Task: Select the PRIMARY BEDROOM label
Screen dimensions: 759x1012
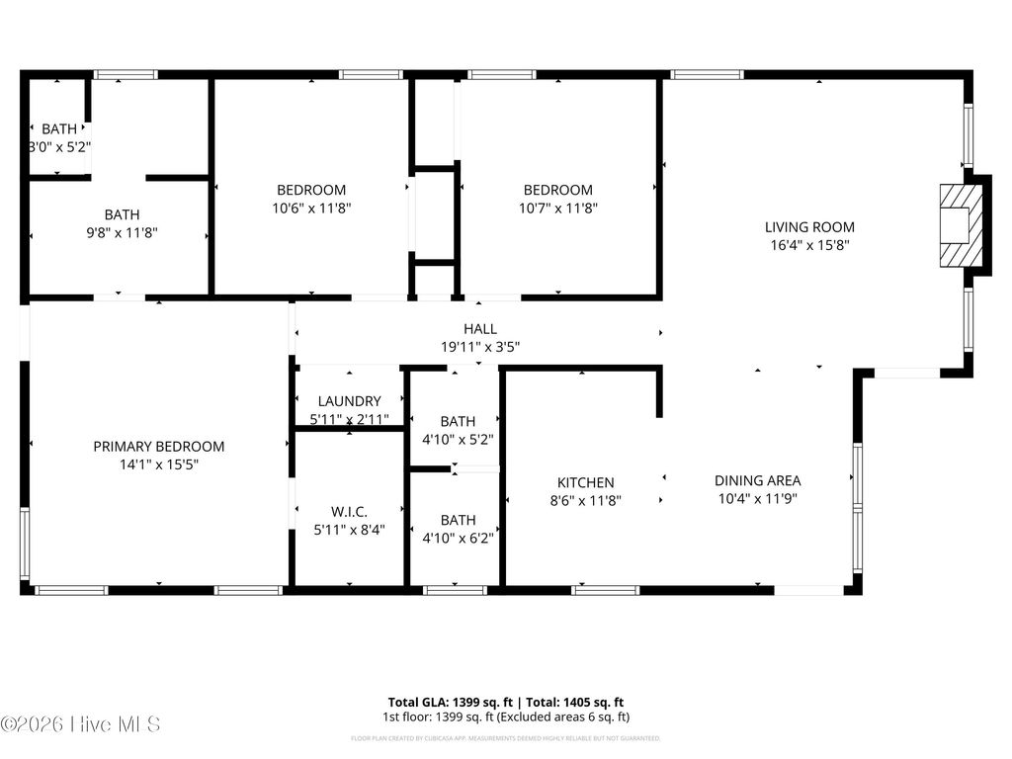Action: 159,446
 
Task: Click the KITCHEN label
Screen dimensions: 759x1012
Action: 585,482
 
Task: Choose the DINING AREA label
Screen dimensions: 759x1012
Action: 758,480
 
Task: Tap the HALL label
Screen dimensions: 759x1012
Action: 480,329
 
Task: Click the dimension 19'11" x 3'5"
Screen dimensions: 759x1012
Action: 480,347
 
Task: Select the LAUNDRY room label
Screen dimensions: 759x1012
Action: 349,401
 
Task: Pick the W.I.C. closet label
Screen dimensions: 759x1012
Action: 349,511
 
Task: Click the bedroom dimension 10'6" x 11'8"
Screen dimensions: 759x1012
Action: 311,208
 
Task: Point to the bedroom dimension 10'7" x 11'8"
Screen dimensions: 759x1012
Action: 558,208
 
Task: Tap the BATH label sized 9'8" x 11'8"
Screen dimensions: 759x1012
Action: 122,214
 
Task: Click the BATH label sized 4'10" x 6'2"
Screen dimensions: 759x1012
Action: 458,520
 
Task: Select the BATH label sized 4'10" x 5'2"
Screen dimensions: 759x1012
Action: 458,421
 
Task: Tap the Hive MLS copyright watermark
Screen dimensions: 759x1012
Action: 81,724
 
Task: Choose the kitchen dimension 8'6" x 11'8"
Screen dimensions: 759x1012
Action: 585,500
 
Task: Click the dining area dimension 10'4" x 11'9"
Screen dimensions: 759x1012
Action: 758,499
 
